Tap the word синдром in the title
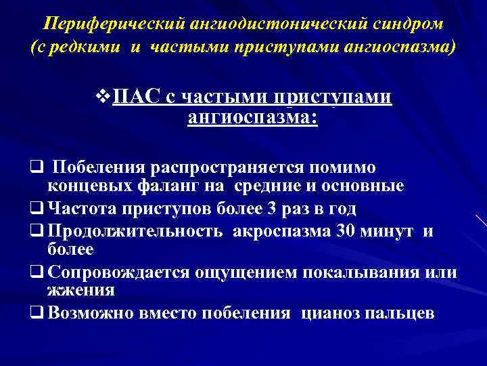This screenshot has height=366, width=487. click(409, 24)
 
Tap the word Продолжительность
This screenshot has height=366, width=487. click(136, 230)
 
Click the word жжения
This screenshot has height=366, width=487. click(80, 291)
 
